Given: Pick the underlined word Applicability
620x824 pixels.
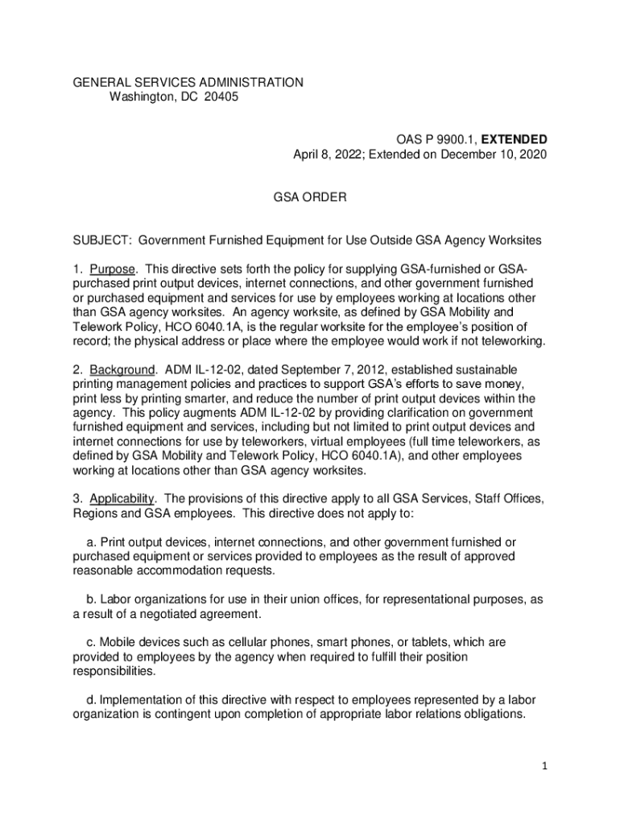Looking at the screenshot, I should point(123,499).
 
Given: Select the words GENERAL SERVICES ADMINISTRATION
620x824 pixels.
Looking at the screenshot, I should point(188,82).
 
